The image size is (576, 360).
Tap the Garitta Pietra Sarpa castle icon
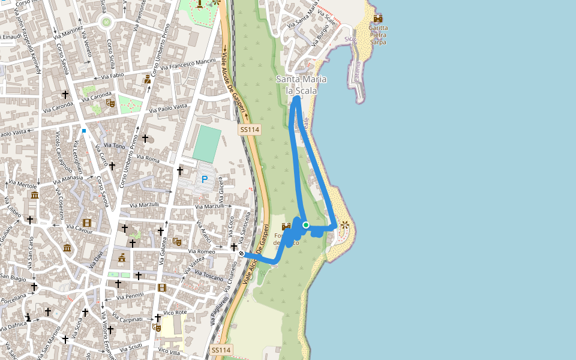click(x=378, y=19)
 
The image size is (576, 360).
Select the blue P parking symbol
click(x=205, y=179)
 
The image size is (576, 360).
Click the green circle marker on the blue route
click(x=306, y=225)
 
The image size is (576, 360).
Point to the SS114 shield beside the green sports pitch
click(x=248, y=130)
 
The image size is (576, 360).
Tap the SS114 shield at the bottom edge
click(x=220, y=350)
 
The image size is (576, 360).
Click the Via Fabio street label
click(x=112, y=76)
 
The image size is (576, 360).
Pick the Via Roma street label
click(x=148, y=159)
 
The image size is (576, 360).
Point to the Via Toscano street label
click(x=209, y=277)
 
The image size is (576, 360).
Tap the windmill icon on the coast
click(x=344, y=226)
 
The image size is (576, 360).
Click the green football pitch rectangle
click(x=207, y=142)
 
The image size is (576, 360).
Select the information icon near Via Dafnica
click(x=28, y=316)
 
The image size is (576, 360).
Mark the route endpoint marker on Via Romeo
click(x=241, y=254)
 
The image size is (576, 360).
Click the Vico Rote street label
click(x=175, y=312)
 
